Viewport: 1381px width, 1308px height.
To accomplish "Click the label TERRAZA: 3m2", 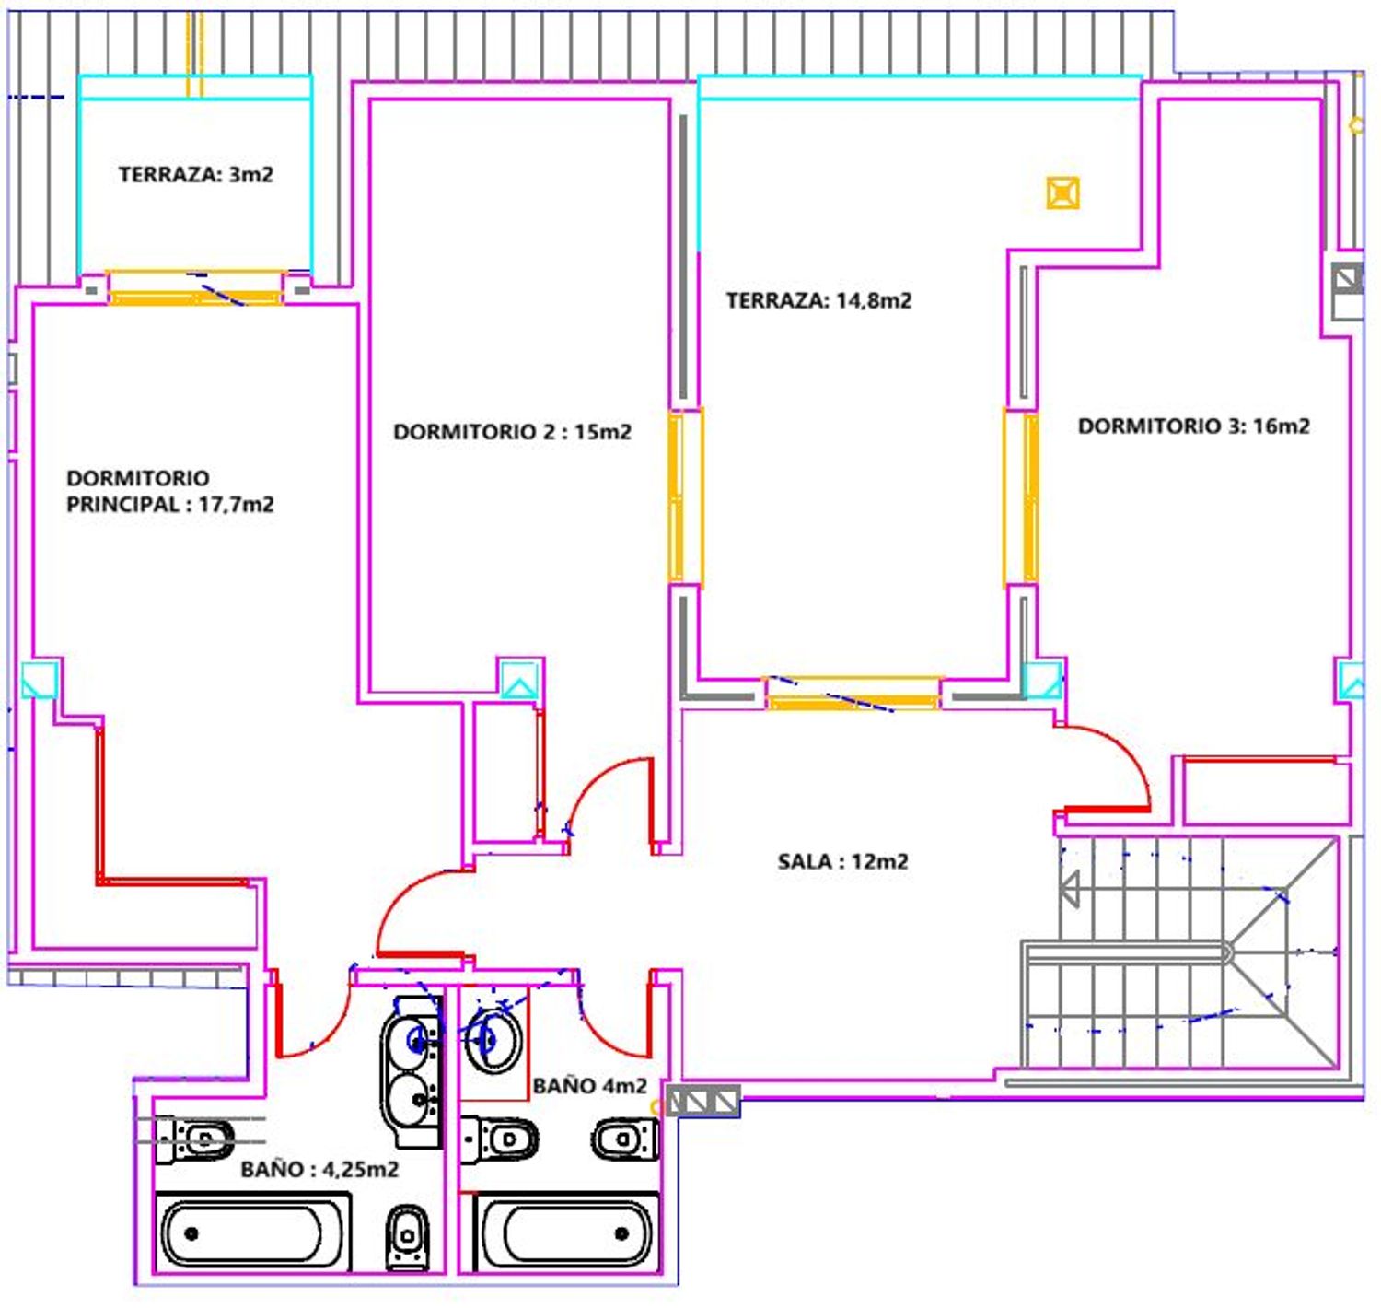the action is point(195,174).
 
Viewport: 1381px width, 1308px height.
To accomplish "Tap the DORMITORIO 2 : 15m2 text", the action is point(512,432).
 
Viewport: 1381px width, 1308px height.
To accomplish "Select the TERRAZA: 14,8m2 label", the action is point(818,301).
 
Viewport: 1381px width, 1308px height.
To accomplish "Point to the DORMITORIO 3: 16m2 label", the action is point(1193,426).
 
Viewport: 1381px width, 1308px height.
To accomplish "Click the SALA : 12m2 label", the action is point(842,861).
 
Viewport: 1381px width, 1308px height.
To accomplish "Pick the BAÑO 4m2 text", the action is point(589,1086).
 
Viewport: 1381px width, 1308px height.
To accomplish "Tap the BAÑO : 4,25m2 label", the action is point(319,1170).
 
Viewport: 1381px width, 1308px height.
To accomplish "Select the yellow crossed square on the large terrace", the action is point(1062,193).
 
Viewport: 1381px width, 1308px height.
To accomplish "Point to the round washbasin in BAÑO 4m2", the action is point(493,1040).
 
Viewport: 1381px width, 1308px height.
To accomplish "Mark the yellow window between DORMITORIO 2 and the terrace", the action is point(684,496).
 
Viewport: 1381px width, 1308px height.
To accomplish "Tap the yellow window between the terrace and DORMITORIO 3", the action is point(1021,496).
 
